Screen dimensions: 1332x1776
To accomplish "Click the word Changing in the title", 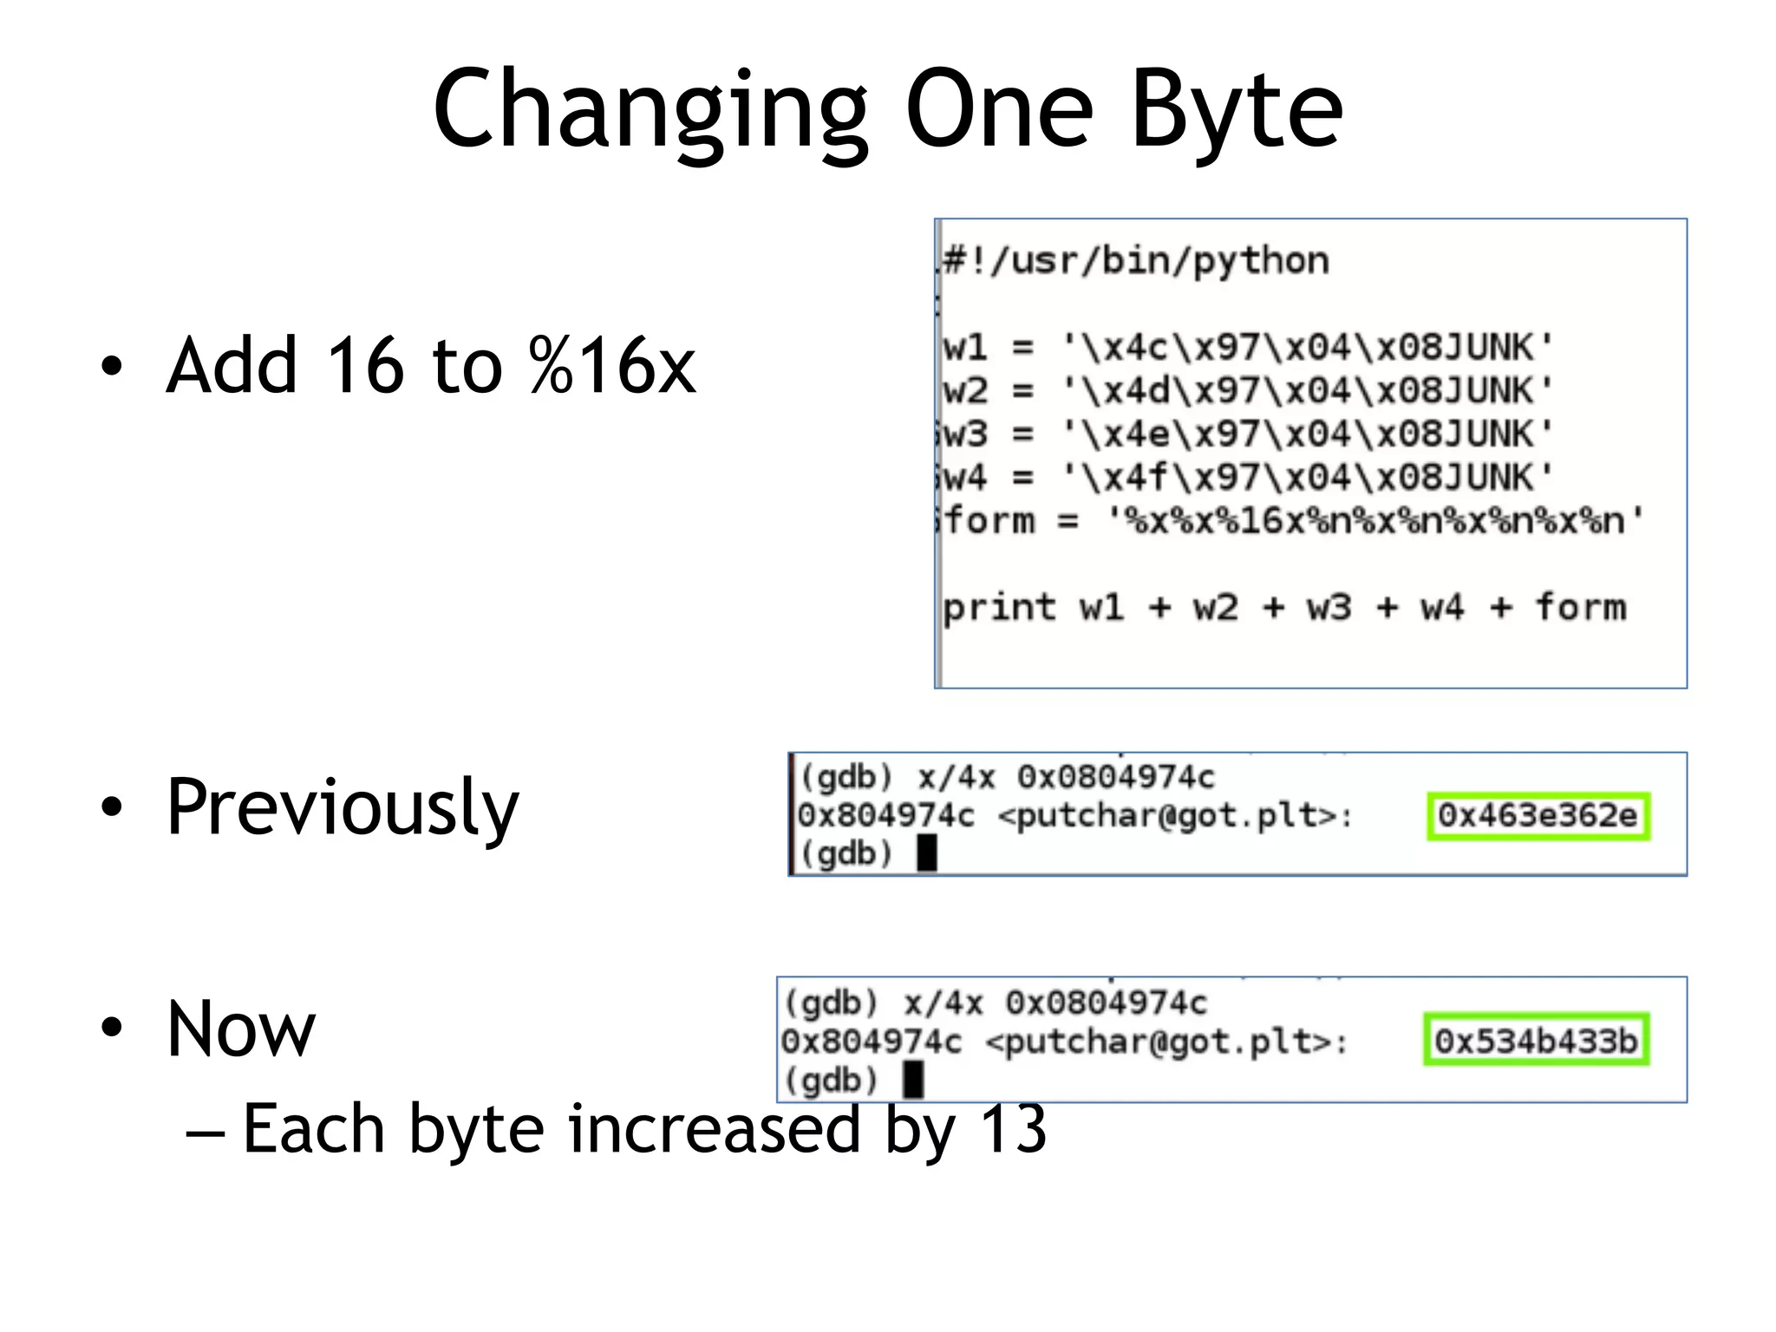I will (650, 111).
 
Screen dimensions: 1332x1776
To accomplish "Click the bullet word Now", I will (241, 1029).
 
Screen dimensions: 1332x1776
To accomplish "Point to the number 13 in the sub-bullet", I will (1013, 1128).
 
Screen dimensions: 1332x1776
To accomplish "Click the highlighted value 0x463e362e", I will (1538, 816).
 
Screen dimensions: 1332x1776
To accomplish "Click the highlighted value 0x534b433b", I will (1536, 1041).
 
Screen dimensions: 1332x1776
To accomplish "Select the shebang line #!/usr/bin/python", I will (1136, 260).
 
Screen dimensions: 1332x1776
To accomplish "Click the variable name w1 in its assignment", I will (964, 348).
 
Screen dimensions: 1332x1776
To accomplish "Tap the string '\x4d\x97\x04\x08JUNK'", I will (1308, 391).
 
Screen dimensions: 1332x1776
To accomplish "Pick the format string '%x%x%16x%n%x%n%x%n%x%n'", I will (1375, 521).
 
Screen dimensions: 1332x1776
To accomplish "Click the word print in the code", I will (999, 608).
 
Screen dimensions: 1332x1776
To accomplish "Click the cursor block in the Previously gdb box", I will (927, 853).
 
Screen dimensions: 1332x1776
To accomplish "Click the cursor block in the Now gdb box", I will (913, 1080).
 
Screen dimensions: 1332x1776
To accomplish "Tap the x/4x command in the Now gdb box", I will (943, 1003).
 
